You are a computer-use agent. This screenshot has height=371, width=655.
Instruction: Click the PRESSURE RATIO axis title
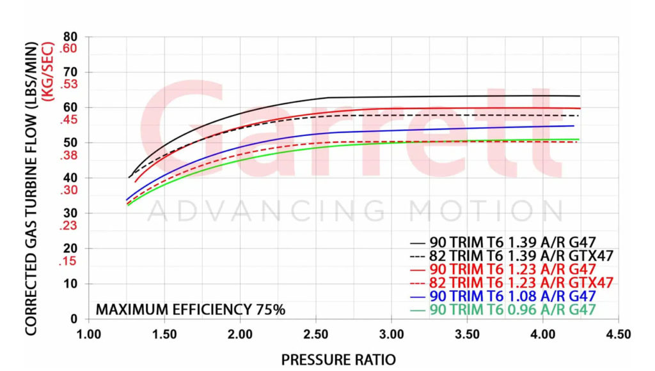tap(338, 360)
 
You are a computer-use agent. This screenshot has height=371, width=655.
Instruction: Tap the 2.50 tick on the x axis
tap(315, 334)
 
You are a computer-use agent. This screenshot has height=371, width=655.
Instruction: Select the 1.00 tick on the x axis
tap(88, 334)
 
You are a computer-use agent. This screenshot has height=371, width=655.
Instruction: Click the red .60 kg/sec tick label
tap(68, 49)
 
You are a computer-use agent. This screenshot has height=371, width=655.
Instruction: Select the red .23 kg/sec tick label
tap(68, 225)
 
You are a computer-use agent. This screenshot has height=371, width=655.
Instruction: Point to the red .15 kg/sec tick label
tap(68, 261)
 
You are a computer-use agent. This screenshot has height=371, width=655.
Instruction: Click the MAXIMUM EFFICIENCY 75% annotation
tap(190, 310)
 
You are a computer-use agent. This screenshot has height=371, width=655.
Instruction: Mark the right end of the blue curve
tap(574, 126)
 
